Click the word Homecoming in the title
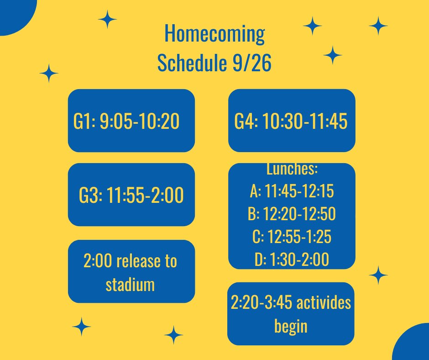pos(214,34)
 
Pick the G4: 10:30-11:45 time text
pos(291,122)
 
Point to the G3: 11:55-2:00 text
pos(131,196)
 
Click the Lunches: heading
pos(292,169)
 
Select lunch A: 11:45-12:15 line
pos(292,192)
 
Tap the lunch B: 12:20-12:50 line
pos(292,215)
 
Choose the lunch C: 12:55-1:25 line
pos(292,238)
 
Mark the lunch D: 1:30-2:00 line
pos(292,260)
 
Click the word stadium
pos(130,284)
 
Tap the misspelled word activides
pos(323,303)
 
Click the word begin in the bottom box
pos(291,326)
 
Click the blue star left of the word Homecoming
pos(107,20)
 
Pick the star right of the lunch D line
pos(378,275)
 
